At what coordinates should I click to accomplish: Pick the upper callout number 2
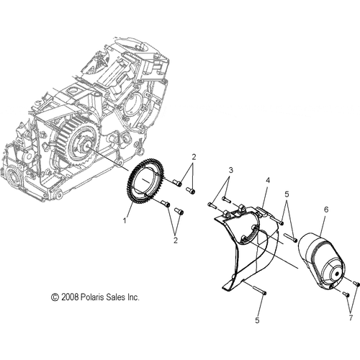pos(194,156)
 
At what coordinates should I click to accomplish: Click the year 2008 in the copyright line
pos(70,296)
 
